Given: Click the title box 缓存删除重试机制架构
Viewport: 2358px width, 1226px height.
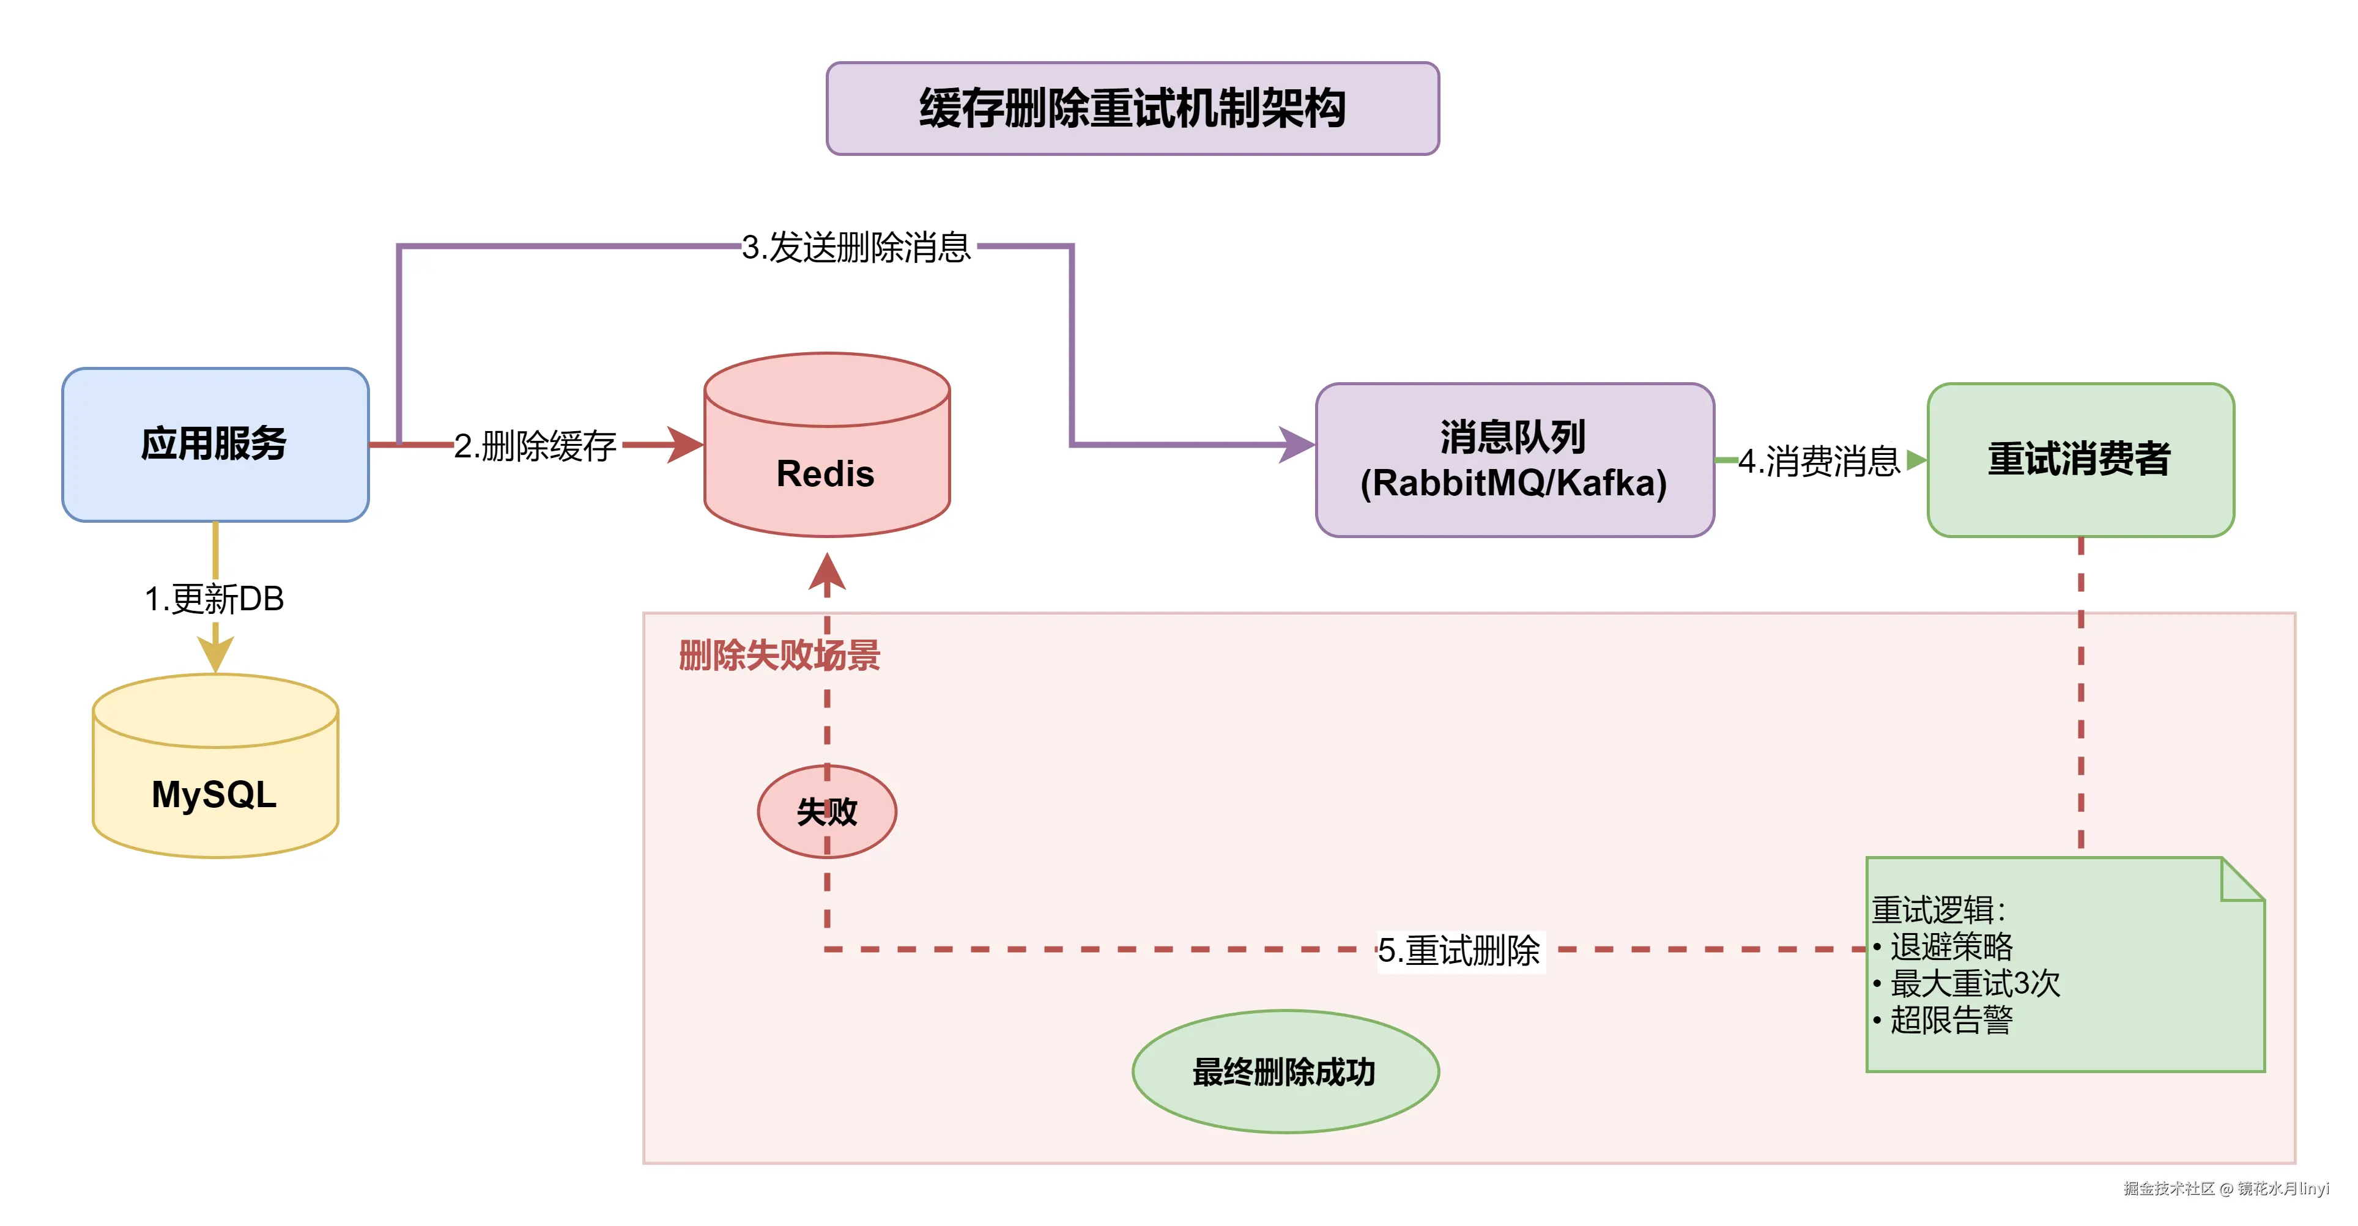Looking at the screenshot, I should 1132,109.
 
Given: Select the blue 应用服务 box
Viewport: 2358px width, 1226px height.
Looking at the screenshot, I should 215,445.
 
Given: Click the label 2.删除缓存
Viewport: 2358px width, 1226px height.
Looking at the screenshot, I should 535,446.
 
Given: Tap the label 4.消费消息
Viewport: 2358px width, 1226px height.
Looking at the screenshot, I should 1819,461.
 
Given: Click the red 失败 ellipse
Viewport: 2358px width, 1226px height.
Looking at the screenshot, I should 826,811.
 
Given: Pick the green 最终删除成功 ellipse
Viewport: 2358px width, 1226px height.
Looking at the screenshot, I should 1285,1071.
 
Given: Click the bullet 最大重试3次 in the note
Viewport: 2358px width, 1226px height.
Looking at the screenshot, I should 1974,983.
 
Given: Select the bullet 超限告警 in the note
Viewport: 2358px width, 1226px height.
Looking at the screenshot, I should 1952,1020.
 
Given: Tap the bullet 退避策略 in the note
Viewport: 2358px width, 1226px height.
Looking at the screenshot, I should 1952,946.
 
